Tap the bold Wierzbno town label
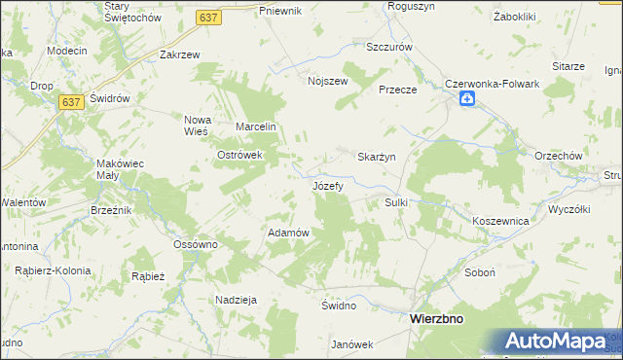(x=436, y=318)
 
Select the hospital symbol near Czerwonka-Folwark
(x=468, y=99)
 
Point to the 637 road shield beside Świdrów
(x=69, y=101)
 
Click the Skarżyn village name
(x=376, y=158)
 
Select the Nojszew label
(x=327, y=82)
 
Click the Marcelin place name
(x=258, y=127)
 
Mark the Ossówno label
(x=195, y=244)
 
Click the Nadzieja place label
(x=237, y=300)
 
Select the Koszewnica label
(x=499, y=222)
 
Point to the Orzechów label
(x=558, y=156)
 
